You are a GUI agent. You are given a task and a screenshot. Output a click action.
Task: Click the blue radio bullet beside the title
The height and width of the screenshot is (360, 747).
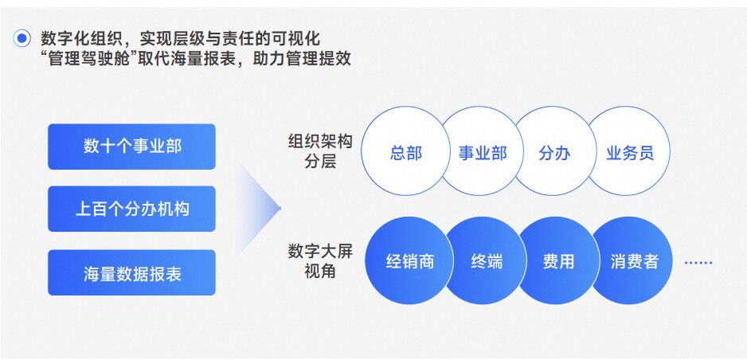(x=22, y=38)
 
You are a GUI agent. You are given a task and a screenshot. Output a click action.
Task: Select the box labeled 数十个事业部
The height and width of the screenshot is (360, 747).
(x=132, y=147)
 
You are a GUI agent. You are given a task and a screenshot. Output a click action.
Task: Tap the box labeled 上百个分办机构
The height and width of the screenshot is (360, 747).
(x=132, y=209)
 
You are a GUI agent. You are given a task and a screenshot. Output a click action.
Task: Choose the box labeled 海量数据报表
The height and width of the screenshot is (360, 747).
(x=132, y=273)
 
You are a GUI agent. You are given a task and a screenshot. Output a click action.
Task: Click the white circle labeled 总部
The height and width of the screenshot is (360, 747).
(x=405, y=151)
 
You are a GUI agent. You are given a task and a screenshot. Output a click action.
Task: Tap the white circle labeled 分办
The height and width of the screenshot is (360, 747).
(x=554, y=151)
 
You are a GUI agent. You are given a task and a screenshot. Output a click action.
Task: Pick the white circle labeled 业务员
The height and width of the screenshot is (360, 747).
(x=629, y=151)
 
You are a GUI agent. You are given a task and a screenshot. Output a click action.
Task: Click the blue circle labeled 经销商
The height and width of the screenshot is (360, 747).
(x=409, y=260)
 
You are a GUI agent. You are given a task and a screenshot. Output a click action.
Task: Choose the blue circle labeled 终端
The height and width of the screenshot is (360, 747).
(x=487, y=260)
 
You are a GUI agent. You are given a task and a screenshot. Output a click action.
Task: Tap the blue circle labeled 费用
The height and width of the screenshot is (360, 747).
(x=558, y=260)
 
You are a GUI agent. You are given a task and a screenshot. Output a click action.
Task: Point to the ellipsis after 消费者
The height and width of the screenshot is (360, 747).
(x=698, y=262)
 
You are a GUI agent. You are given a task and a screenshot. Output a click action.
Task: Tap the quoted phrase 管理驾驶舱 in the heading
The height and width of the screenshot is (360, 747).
(x=89, y=58)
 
